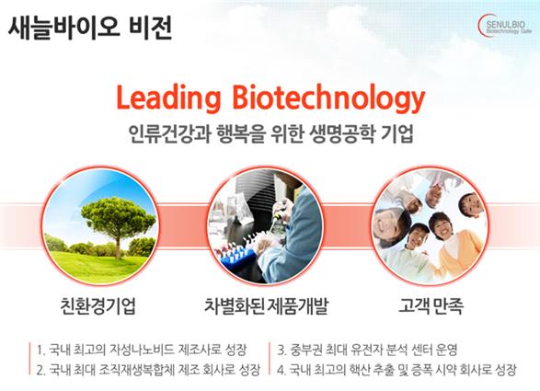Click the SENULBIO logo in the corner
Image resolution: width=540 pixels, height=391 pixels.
pyautogui.click(x=505, y=25)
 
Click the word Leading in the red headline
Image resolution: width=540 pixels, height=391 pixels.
pyautogui.click(x=168, y=98)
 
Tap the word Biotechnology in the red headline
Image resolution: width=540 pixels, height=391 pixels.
pyautogui.click(x=328, y=98)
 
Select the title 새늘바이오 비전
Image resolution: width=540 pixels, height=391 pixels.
pyautogui.click(x=90, y=28)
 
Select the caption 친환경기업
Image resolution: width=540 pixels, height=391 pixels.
pyautogui.click(x=98, y=305)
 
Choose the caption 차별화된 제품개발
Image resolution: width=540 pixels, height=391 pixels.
pyautogui.click(x=266, y=305)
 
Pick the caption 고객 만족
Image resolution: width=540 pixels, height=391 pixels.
pyautogui.click(x=431, y=305)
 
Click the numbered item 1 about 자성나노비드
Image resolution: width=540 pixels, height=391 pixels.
pyautogui.click(x=142, y=350)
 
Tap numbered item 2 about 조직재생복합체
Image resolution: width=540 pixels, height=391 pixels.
pyautogui.click(x=148, y=370)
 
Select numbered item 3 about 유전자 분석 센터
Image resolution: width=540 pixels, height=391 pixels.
pyautogui.click(x=367, y=350)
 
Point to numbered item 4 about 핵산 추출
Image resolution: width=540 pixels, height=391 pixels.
pyautogui.click(x=396, y=370)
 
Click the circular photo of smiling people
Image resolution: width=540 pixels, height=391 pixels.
pyautogui.click(x=430, y=226)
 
